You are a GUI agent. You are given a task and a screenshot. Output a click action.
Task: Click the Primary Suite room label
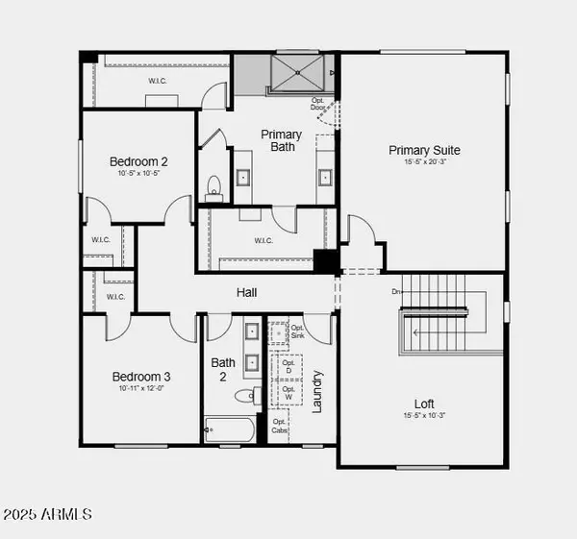click(x=424, y=150)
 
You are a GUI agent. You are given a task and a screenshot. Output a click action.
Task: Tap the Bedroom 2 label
click(x=138, y=161)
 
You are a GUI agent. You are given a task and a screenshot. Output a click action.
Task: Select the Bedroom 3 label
click(x=141, y=377)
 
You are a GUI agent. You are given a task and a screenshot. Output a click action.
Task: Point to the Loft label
click(x=424, y=404)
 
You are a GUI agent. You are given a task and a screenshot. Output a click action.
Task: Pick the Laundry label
click(x=318, y=391)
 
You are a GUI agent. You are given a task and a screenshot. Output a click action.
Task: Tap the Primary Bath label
click(x=281, y=141)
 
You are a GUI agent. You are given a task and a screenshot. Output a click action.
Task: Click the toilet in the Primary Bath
click(x=213, y=186)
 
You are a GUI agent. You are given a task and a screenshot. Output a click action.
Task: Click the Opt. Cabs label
click(x=280, y=426)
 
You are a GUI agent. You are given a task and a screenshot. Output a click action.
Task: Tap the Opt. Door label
click(x=319, y=105)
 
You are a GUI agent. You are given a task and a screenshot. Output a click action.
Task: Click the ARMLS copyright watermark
click(x=47, y=515)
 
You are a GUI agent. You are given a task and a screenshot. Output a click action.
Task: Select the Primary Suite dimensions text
click(x=424, y=162)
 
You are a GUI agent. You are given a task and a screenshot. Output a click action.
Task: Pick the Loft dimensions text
click(x=424, y=416)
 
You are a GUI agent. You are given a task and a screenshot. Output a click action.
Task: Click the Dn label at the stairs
click(x=395, y=291)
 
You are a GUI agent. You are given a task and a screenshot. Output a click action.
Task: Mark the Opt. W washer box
click(x=287, y=394)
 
